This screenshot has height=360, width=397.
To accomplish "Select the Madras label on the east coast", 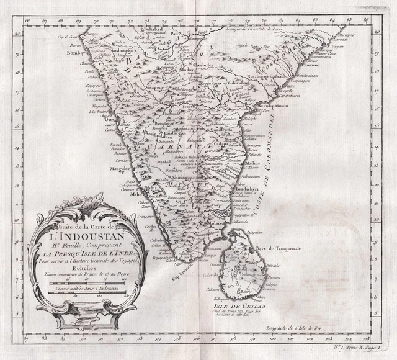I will pyautogui.click(x=253, y=163).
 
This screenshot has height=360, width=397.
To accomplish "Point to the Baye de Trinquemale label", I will pyautogui.click(x=277, y=248).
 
